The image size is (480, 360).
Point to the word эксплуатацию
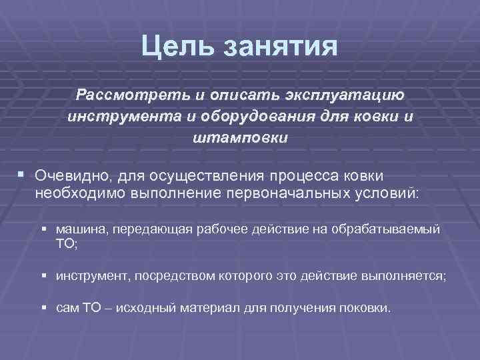[355, 95]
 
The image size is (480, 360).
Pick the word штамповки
[240, 139]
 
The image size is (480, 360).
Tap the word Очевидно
[71, 176]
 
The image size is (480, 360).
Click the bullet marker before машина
[43, 229]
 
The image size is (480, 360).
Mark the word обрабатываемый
[395, 230]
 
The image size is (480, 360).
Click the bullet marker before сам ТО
[43, 308]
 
